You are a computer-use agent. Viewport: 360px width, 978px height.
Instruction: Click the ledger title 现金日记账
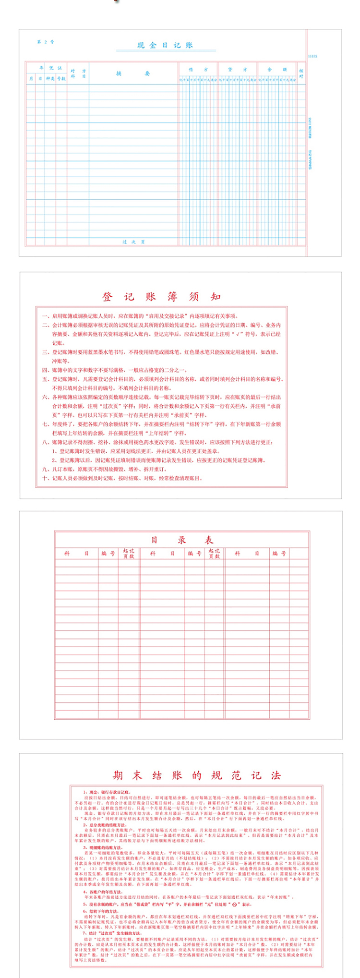coord(165,45)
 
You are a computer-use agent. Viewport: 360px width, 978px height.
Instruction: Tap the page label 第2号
coord(46,42)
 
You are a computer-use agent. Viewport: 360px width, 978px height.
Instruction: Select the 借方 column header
coord(198,69)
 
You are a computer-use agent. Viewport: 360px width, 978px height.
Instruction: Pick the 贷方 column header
coord(238,69)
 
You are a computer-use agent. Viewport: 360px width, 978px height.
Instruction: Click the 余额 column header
coord(277,69)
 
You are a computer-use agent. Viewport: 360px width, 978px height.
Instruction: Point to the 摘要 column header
coord(133,73)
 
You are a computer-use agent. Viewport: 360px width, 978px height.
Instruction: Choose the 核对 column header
coord(301,73)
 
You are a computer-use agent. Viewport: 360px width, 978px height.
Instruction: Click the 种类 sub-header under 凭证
coord(50,78)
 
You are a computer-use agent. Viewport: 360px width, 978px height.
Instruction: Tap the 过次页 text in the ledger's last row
coord(133,242)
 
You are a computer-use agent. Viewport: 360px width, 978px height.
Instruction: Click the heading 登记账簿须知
coord(161,296)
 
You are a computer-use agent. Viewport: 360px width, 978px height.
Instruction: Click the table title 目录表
coord(182,540)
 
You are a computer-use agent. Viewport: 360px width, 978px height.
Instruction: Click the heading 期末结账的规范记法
coord(196,775)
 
